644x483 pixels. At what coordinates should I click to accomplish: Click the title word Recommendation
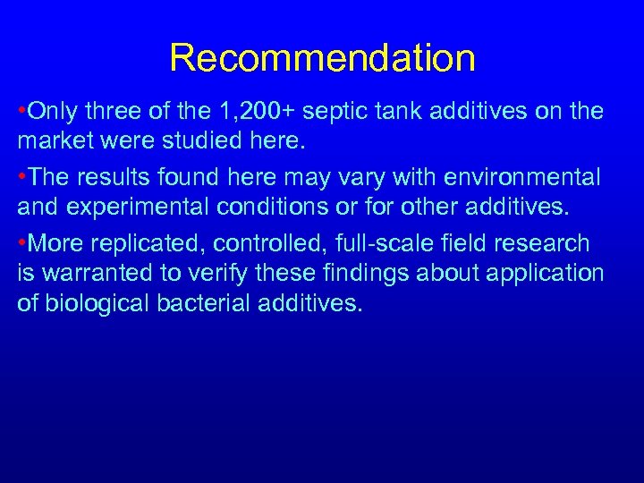pos(322,59)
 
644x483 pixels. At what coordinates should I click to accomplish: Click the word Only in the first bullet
pos(52,112)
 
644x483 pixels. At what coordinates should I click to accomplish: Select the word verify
pos(214,273)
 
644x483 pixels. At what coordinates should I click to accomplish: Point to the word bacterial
pos(203,301)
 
